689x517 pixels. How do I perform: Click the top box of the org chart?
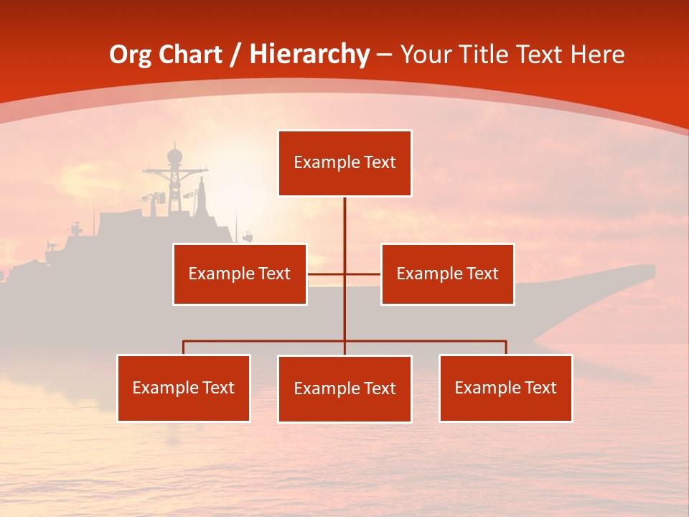(344, 163)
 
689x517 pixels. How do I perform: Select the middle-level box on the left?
(240, 274)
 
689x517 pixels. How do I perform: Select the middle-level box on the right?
(447, 274)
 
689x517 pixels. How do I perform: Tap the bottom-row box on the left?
(184, 388)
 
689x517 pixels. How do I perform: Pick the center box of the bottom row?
(344, 388)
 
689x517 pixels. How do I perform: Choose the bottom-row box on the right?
(505, 388)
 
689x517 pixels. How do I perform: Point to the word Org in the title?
(130, 55)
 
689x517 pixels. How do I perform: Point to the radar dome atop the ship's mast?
(174, 156)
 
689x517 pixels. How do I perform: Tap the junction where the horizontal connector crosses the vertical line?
(344, 274)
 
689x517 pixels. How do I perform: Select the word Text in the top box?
(380, 162)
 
